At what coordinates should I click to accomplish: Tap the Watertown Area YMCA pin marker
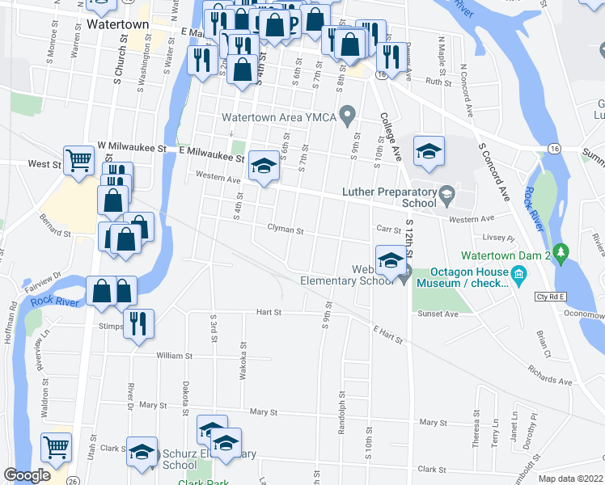[x=349, y=117]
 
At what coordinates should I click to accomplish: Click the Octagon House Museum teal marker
[x=519, y=277]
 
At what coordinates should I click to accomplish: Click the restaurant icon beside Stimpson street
[x=138, y=323]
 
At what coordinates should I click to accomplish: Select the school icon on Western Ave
[x=262, y=166]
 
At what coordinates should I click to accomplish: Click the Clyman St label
[x=285, y=230]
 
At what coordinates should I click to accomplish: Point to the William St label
[x=175, y=356]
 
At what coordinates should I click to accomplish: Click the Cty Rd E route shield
[x=552, y=297]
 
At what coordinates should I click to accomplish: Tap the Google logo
[x=27, y=474]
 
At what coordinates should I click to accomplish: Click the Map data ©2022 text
[x=570, y=479]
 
